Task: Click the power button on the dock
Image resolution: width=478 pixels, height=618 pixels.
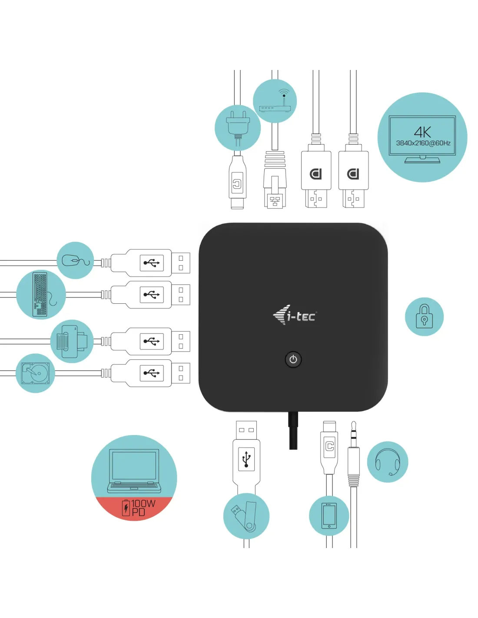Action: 293,359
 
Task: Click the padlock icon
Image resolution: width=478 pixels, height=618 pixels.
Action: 424,316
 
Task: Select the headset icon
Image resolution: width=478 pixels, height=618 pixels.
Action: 388,462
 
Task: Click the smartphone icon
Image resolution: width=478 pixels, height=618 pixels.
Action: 329,515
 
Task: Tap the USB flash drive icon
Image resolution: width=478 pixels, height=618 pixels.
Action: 246,516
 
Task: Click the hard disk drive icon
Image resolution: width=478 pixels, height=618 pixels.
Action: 35,373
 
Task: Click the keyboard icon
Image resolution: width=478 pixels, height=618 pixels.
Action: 40,294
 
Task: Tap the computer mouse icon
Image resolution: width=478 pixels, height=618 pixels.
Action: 75,260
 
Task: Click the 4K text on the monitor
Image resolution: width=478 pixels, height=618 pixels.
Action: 422,132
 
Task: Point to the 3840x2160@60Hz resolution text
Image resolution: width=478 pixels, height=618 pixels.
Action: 423,143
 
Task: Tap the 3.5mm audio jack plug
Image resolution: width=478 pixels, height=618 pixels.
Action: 354,456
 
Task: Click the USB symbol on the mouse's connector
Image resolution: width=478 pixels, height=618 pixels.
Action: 152,263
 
